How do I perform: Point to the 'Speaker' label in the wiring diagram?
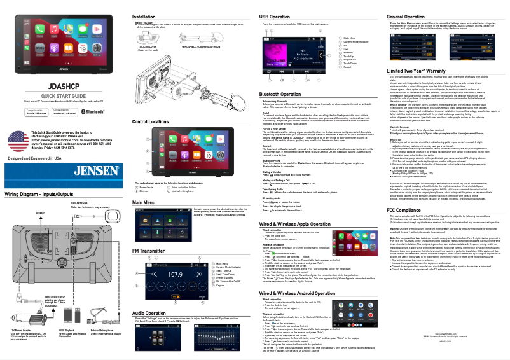(22, 212)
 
